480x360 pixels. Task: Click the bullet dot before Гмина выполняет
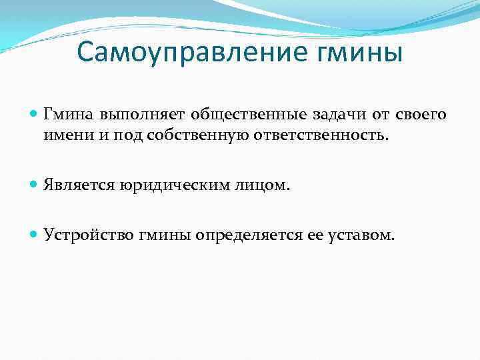coord(35,115)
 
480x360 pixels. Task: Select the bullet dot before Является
coord(35,184)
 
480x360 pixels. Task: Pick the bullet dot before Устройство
coord(35,234)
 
